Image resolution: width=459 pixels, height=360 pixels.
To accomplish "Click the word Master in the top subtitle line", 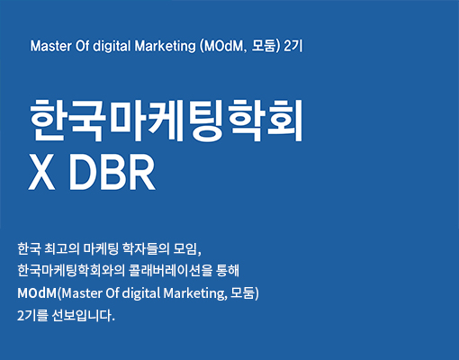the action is (x=51, y=46).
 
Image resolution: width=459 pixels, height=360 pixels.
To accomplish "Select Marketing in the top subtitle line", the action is (x=165, y=47).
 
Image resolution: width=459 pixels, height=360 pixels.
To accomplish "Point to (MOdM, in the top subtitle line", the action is (x=223, y=47).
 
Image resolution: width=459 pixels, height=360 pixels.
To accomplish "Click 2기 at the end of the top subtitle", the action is (x=293, y=46).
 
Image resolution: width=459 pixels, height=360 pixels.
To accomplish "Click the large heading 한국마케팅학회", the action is (x=166, y=121).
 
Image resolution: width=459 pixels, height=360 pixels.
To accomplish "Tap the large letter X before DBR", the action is (x=41, y=173).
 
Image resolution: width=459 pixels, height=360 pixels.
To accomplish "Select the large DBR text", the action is (x=112, y=173).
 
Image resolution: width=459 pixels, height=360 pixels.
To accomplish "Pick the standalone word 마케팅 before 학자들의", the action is (x=101, y=248).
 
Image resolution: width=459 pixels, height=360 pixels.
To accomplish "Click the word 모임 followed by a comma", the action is (x=187, y=249).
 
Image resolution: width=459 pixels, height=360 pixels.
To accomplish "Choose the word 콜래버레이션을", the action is (x=170, y=271).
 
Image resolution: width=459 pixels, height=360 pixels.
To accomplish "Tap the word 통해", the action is (x=228, y=271).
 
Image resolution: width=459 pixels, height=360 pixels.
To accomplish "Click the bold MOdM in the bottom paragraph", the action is (x=37, y=293).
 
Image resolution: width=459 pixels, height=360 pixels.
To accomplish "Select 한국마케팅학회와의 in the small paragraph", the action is (x=71, y=271).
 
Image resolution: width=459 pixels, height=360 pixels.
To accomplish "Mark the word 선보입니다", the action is (x=83, y=316).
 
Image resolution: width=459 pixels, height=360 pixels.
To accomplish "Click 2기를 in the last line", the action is (x=32, y=316).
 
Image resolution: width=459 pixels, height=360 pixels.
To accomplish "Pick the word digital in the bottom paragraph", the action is (x=141, y=293).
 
